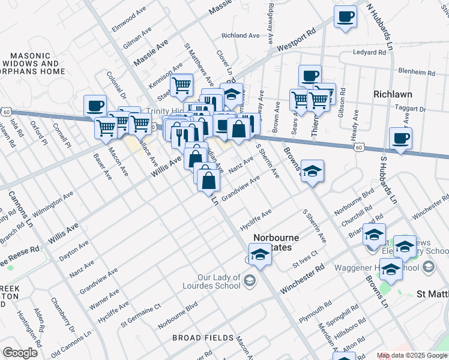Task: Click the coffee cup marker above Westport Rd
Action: click(345, 17)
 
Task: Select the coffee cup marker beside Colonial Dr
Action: click(95, 106)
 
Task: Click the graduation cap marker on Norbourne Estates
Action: click(260, 254)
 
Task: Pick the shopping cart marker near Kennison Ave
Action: click(181, 85)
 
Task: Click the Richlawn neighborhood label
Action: click(393, 94)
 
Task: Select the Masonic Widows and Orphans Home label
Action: click(33, 63)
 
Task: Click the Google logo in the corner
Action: click(20, 353)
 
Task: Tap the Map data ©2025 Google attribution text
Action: click(412, 355)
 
